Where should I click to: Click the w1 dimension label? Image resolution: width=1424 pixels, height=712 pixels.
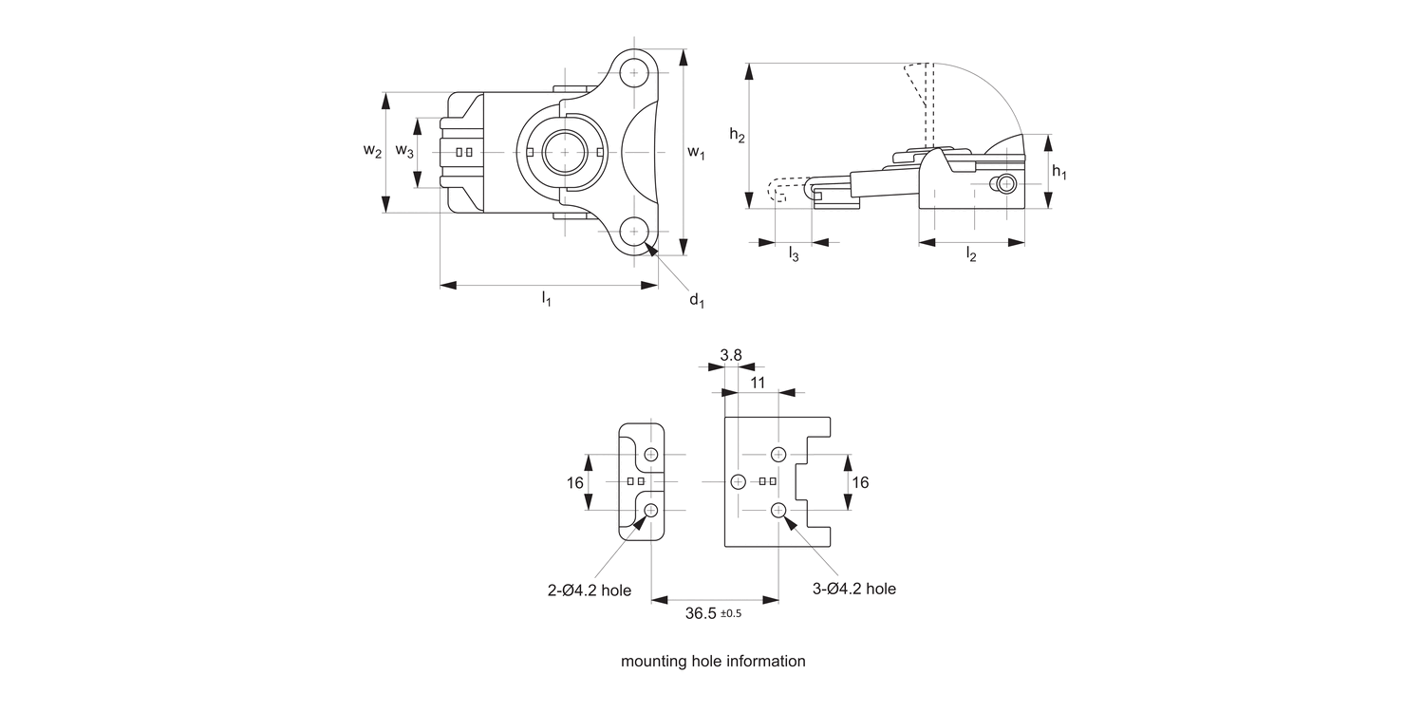pos(696,153)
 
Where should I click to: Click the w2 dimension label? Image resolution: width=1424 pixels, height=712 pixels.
pos(372,152)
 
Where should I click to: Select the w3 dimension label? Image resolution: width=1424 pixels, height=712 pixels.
pos(404,152)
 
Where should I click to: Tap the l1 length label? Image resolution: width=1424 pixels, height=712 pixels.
pos(547,299)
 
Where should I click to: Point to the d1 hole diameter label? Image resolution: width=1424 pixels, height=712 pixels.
pos(697,301)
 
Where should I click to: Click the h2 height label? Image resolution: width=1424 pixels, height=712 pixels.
pos(737,136)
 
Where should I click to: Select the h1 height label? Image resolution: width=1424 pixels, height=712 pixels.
pos(1059,173)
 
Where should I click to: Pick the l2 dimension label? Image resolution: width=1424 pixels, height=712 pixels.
pos(971,253)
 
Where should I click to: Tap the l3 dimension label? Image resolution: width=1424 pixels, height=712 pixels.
pos(793,253)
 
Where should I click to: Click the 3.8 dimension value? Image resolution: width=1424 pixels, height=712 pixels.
pos(731,356)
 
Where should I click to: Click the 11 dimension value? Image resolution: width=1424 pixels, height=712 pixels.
pos(758,382)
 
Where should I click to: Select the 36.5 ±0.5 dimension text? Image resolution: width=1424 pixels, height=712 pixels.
pos(712,613)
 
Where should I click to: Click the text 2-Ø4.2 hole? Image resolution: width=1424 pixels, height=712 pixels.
pos(589,590)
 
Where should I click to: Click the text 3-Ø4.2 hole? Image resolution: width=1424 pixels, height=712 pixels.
pos(854,589)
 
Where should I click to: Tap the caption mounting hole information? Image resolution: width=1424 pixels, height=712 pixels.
pos(712,661)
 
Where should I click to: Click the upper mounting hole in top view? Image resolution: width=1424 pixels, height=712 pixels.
pos(635,73)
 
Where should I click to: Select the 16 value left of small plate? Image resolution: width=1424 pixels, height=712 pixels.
pos(575,482)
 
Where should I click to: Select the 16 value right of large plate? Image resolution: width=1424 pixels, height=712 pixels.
pos(860,482)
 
